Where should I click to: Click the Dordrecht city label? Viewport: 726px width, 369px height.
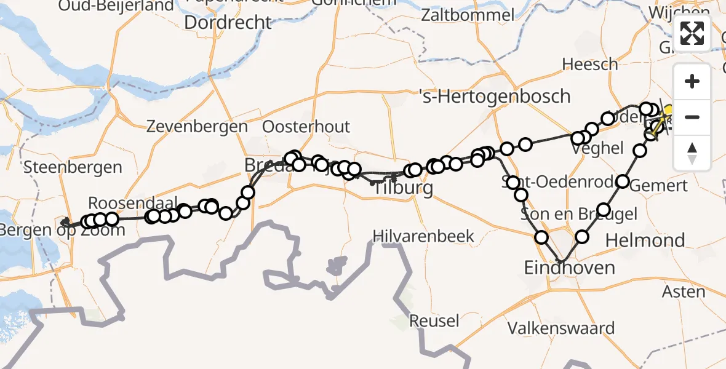click(x=228, y=23)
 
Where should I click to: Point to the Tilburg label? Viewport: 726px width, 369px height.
click(x=404, y=188)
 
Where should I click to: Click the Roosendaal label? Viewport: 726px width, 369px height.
click(x=133, y=204)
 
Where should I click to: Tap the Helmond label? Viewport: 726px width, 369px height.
click(x=645, y=240)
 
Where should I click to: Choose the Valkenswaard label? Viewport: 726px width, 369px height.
click(x=560, y=328)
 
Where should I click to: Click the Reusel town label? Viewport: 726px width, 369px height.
click(x=434, y=320)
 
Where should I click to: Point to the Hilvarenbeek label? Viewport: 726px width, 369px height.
click(x=424, y=236)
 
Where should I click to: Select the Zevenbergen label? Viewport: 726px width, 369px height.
click(x=197, y=127)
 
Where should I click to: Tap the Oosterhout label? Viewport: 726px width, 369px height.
click(x=306, y=127)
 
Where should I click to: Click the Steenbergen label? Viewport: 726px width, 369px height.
click(x=72, y=167)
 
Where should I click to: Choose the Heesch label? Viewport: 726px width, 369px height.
click(x=589, y=64)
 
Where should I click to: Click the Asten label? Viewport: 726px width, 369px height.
click(x=685, y=291)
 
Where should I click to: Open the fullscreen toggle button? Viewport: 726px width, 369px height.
click(x=692, y=33)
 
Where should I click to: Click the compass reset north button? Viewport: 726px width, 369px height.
click(x=692, y=153)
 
